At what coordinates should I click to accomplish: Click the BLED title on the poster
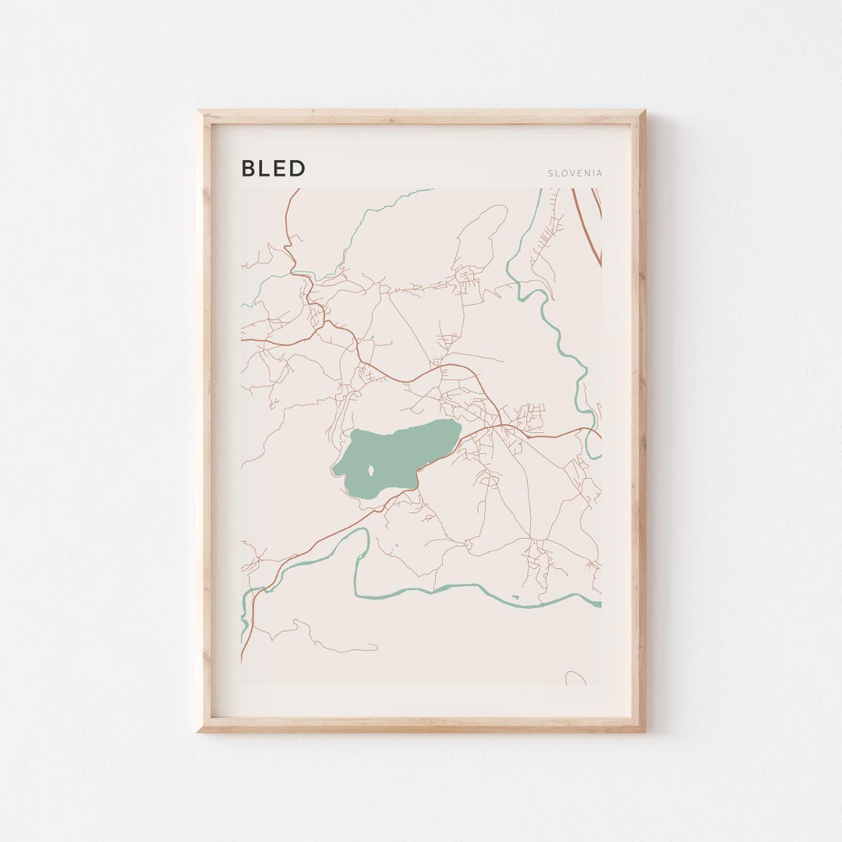click(x=273, y=168)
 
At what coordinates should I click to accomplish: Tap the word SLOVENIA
click(x=575, y=173)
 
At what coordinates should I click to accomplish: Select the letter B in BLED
click(x=249, y=168)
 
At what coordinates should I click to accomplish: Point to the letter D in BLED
click(x=297, y=168)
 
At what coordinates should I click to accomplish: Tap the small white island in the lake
click(x=370, y=470)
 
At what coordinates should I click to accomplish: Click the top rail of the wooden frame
click(x=421, y=117)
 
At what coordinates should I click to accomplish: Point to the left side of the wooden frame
click(x=205, y=421)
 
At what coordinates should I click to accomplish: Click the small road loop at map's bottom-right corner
click(x=575, y=677)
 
